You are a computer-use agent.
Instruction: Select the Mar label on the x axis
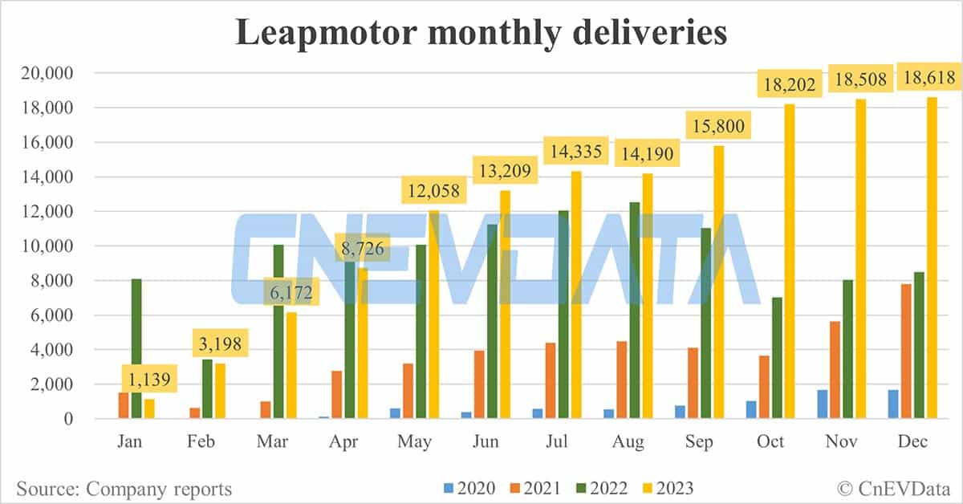pyautogui.click(x=274, y=441)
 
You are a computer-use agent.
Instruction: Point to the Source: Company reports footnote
pyautogui.click(x=124, y=489)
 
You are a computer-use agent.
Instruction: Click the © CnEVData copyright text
pyautogui.click(x=892, y=489)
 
